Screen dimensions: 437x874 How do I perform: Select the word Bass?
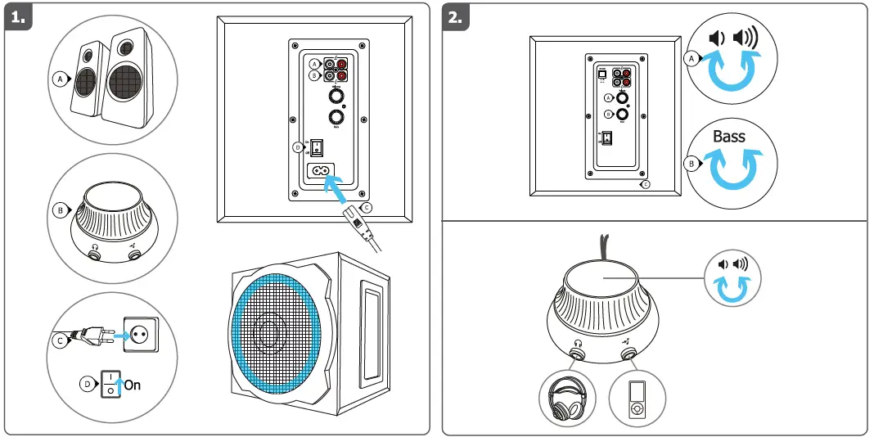point(728,136)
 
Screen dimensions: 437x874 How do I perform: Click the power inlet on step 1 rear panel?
point(321,173)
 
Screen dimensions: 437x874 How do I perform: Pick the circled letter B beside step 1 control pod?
point(60,210)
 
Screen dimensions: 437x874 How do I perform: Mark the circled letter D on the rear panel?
point(298,147)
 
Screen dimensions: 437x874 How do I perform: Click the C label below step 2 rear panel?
point(646,185)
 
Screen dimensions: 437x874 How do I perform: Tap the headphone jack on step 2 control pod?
point(578,354)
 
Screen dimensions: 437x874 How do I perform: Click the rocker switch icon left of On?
point(109,383)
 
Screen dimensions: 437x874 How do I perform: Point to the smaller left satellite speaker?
point(85,81)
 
